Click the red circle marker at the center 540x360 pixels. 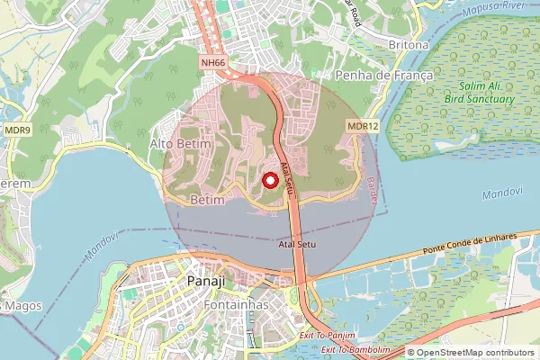click(269, 180)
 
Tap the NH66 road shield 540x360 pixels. click(212, 63)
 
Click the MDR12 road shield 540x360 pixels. click(361, 127)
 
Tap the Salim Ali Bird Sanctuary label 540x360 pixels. click(480, 94)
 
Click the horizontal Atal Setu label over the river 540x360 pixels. click(298, 244)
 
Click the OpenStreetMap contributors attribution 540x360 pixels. click(472, 353)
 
